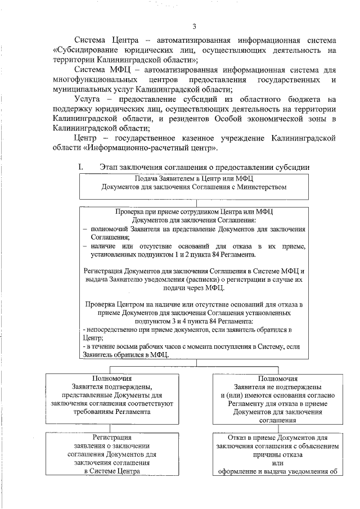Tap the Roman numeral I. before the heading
80,167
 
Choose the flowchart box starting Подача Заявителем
193,187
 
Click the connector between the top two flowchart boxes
193,203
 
